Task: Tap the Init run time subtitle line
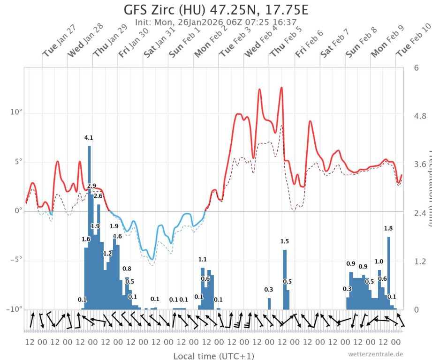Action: click(216, 22)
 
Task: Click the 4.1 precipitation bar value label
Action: click(89, 138)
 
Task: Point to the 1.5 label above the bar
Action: click(285, 241)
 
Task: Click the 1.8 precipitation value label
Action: click(388, 228)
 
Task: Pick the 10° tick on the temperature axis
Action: click(15, 112)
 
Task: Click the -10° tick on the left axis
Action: click(13, 309)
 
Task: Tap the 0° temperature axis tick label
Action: click(17, 211)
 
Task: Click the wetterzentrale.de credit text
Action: click(375, 354)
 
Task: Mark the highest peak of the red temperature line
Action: click(281, 88)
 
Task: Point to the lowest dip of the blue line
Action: click(152, 259)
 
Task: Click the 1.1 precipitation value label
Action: click(203, 259)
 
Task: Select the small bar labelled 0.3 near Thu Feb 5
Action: click(269, 303)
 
